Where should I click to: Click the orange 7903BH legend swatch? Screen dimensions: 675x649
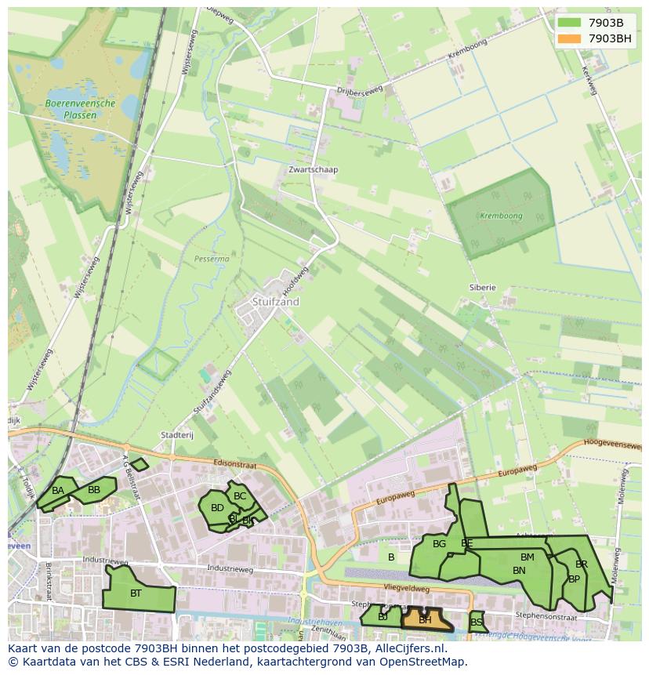click(570, 38)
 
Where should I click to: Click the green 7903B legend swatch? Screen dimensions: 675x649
click(570, 23)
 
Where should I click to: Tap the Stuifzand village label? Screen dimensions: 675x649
click(276, 301)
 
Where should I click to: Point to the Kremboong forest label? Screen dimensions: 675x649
click(501, 216)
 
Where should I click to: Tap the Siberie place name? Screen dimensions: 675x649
click(483, 287)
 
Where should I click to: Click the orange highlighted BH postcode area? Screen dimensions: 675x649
click(426, 619)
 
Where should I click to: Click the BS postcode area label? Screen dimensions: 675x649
click(477, 622)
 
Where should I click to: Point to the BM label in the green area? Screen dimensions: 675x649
click(527, 557)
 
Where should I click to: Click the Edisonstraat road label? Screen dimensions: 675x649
click(235, 463)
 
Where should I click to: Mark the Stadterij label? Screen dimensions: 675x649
click(176, 435)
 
